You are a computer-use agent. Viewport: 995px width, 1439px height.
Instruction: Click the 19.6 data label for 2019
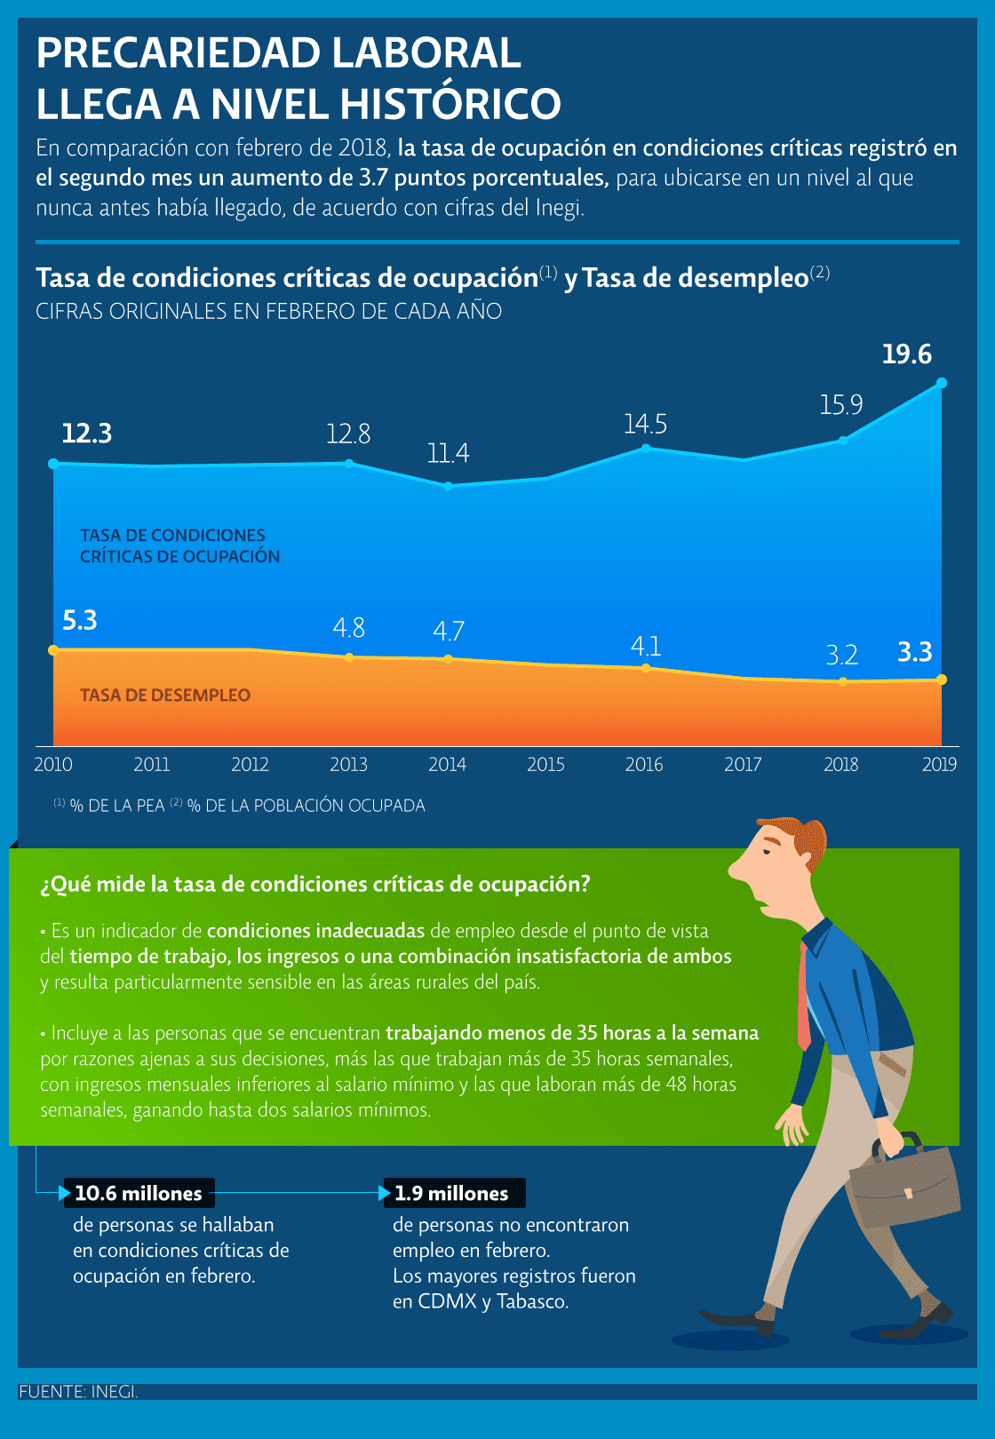(x=906, y=354)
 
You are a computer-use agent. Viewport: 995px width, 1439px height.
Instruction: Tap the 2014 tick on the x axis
(x=447, y=765)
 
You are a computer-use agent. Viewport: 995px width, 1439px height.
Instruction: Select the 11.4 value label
(x=448, y=454)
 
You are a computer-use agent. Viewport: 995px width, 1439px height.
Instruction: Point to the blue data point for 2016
(x=646, y=448)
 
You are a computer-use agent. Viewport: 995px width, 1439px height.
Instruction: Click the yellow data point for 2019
(x=942, y=680)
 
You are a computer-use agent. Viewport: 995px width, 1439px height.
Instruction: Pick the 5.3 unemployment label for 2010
(x=80, y=620)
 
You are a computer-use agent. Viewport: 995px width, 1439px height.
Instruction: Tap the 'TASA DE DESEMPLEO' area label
(x=165, y=696)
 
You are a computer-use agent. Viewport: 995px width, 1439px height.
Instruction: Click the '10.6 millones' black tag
(x=139, y=1193)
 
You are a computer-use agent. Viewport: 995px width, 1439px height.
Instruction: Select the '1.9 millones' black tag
(x=452, y=1193)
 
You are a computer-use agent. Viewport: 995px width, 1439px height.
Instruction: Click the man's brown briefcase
(x=904, y=1183)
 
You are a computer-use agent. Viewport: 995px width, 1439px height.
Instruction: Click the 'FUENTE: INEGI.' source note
(x=78, y=1392)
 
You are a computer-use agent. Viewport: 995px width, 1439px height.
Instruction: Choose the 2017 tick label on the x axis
(x=743, y=765)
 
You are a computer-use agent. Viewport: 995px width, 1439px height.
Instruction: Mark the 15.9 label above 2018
(x=841, y=405)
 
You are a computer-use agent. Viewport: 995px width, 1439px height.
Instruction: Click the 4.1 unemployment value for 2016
(x=646, y=646)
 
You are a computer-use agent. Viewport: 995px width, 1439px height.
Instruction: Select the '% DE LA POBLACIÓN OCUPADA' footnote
(x=306, y=806)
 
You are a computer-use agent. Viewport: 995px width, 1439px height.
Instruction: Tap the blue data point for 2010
(x=53, y=464)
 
